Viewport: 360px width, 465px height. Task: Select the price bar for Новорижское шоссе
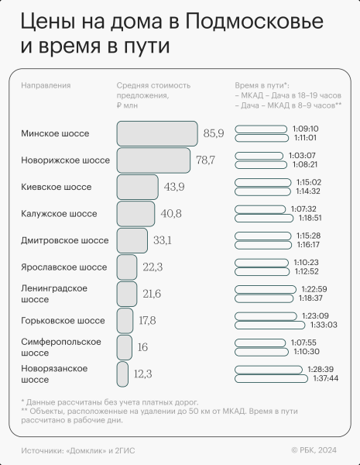[x=153, y=160]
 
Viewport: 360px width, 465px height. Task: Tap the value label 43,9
[x=174, y=188]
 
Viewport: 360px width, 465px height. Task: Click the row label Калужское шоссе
[x=59, y=213]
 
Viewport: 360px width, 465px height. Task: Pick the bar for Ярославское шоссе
[x=127, y=267]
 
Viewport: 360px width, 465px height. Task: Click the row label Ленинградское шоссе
[x=53, y=294]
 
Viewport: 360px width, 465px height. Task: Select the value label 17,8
[x=147, y=321]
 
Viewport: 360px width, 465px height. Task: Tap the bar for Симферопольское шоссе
[x=125, y=347]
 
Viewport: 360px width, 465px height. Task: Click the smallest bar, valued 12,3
[x=122, y=374]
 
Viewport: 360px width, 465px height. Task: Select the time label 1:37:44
[x=328, y=379]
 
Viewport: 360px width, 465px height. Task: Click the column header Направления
[x=46, y=85]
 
